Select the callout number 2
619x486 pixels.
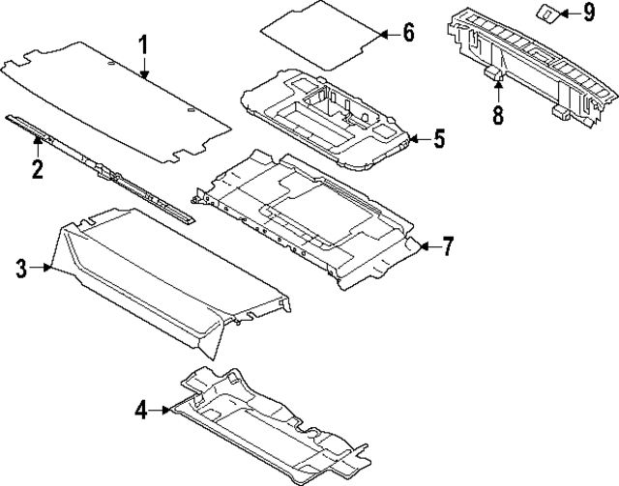click(x=37, y=171)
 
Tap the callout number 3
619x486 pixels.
click(x=21, y=268)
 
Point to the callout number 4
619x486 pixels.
click(x=141, y=411)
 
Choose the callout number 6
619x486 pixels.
click(x=407, y=33)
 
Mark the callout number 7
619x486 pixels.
click(x=447, y=246)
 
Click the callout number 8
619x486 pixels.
click(x=498, y=116)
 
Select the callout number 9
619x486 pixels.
click(x=590, y=13)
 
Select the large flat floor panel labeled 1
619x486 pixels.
click(x=116, y=97)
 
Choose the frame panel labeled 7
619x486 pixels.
click(x=309, y=217)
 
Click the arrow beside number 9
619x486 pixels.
click(x=569, y=13)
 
